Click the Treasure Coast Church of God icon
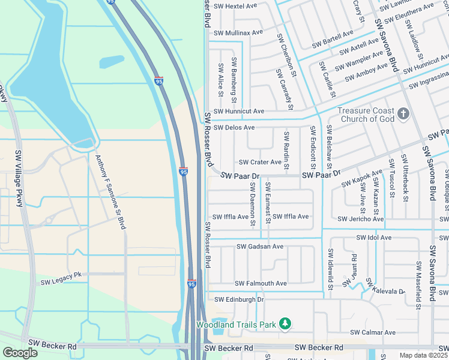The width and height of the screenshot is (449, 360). click(403, 113)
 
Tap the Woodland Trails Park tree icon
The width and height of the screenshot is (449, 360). click(286, 325)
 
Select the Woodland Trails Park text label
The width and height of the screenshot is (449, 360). click(237, 325)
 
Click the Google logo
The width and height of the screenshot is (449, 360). click(20, 353)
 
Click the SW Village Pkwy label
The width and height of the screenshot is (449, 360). click(18, 178)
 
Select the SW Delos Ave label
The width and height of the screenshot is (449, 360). click(234, 128)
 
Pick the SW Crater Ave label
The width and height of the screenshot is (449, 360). click(260, 162)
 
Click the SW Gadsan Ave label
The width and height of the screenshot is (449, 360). click(259, 247)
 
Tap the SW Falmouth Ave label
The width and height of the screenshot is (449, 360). click(261, 283)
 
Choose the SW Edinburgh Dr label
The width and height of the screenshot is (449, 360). click(239, 299)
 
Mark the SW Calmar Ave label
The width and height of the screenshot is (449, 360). click(373, 332)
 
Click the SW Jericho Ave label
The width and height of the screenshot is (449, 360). click(360, 220)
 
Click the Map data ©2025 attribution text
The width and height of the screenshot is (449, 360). click(423, 355)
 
